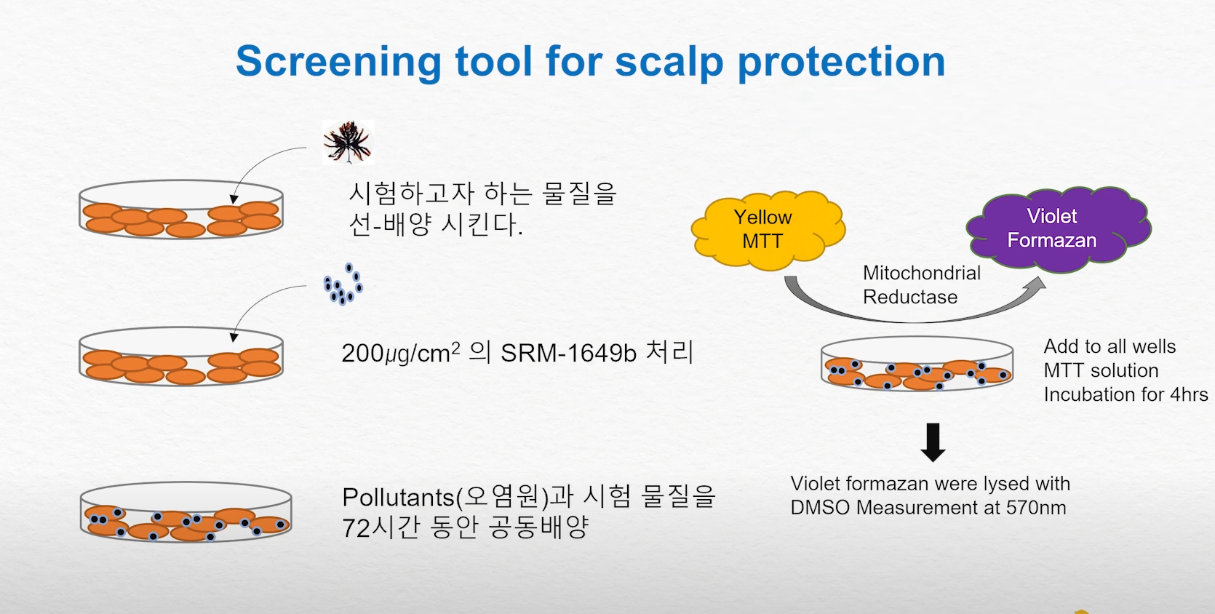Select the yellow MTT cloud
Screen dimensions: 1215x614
(768, 230)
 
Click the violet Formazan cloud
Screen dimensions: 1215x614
(1059, 229)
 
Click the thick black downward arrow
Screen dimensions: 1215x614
(933, 442)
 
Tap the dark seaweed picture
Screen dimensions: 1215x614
(348, 142)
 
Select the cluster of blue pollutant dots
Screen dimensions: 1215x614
(343, 284)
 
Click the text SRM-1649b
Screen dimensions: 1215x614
(568, 353)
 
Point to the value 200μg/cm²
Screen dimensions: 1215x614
(401, 353)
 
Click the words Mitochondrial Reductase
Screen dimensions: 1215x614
(922, 284)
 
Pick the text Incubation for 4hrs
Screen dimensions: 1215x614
(1126, 394)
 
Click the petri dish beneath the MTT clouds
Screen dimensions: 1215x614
(917, 364)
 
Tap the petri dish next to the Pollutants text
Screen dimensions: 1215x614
(186, 511)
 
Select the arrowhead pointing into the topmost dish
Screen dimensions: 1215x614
(234, 199)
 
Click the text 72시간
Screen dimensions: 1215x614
(381, 527)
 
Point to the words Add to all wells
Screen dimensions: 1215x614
(1110, 346)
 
